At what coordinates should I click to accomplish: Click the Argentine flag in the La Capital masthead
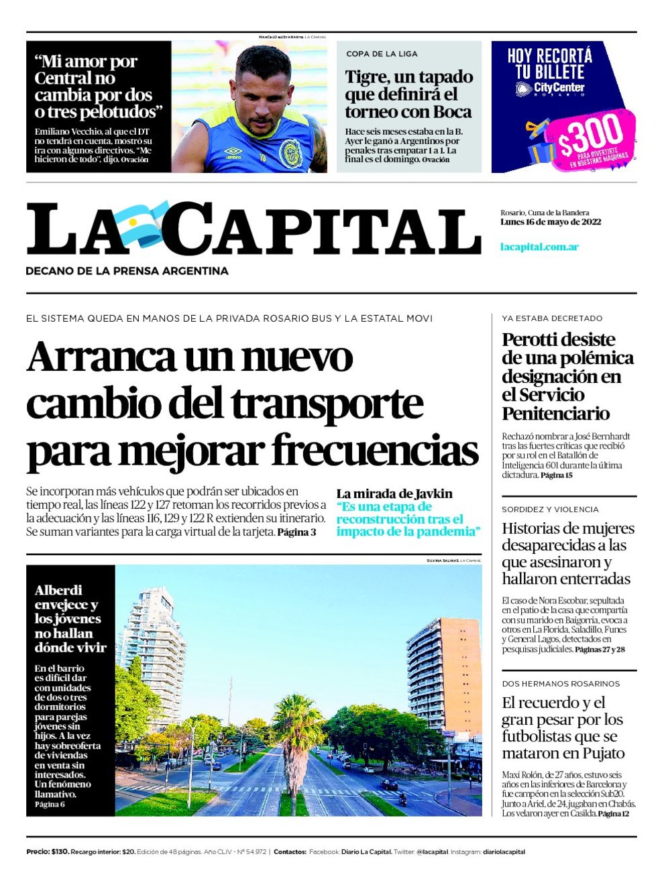coord(140,222)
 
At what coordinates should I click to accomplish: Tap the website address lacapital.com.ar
coord(539,247)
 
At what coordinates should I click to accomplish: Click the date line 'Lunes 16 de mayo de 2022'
coord(550,222)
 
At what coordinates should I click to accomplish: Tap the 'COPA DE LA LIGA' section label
coord(382,54)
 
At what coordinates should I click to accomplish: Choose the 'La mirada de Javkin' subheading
coord(394,493)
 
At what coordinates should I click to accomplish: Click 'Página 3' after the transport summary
coord(296,532)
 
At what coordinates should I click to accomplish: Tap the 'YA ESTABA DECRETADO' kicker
coord(552,318)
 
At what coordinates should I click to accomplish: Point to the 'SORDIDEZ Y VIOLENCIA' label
coord(550,510)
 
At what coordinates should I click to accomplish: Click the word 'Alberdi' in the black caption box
coord(58,590)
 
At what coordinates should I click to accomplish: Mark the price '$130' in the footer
coord(60,851)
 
